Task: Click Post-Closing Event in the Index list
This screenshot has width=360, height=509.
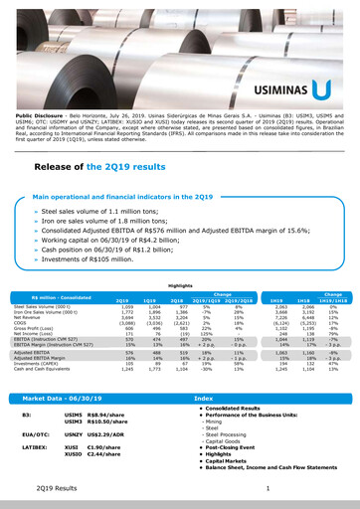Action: (231, 447)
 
